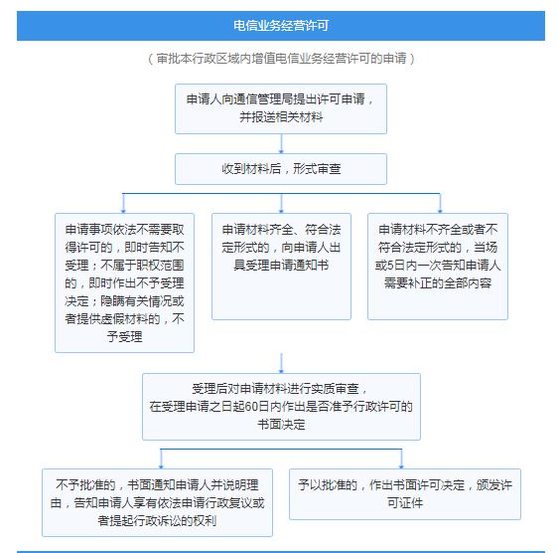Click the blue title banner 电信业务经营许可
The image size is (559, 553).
[x=281, y=26]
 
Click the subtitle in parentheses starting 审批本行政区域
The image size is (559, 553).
[x=281, y=59]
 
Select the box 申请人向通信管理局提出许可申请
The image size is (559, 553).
[x=281, y=108]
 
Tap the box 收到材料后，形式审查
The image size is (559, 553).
[x=281, y=169]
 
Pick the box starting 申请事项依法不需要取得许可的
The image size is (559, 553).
[x=124, y=282]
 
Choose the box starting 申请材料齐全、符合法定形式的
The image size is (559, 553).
[x=281, y=267]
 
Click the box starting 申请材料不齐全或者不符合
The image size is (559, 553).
[x=438, y=267]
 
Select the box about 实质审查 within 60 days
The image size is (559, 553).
[x=281, y=407]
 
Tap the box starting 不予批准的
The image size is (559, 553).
[x=157, y=502]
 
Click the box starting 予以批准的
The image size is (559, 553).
[x=405, y=494]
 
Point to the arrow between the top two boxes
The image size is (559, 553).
[x=281, y=144]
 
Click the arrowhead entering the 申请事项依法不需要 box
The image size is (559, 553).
[x=123, y=211]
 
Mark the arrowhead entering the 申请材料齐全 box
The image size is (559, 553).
[x=281, y=211]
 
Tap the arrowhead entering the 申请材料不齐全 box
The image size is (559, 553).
[x=440, y=211]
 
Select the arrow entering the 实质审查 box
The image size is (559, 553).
[x=281, y=363]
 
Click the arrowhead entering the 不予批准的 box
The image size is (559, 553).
[x=161, y=466]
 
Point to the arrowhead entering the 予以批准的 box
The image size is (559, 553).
[x=401, y=466]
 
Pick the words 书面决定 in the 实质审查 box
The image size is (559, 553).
[x=281, y=425]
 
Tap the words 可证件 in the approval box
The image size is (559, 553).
[x=405, y=503]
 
